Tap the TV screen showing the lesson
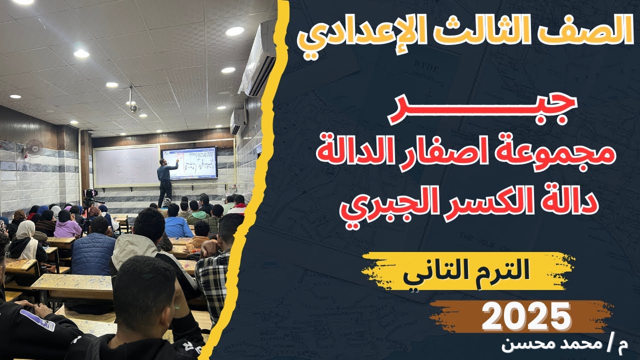[189, 163]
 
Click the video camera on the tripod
[91, 194]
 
